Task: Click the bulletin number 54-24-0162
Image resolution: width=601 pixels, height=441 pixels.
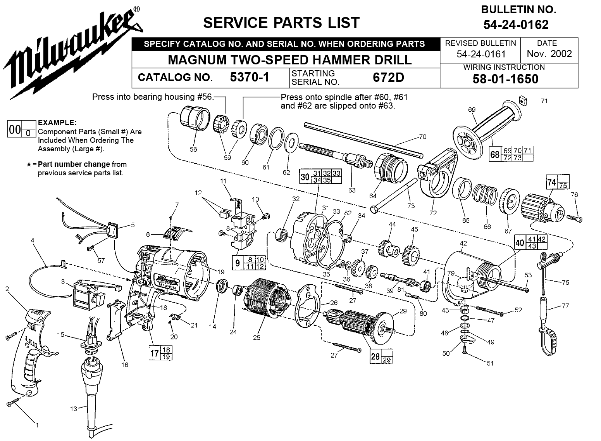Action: [516, 25]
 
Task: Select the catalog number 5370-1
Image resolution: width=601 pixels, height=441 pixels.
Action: [250, 77]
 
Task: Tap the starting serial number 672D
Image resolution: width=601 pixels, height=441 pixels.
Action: [388, 77]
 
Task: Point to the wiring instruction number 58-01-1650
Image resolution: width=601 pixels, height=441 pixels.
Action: [505, 79]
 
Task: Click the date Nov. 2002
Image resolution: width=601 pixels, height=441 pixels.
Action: [549, 54]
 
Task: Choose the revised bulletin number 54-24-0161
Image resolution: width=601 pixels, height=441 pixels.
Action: [481, 54]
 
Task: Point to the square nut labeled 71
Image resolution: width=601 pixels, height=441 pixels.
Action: [522, 101]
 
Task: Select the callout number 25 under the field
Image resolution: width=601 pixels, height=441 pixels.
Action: [257, 337]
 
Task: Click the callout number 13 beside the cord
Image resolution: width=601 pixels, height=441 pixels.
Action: [74, 409]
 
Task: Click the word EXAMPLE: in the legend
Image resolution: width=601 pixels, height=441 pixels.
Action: [57, 123]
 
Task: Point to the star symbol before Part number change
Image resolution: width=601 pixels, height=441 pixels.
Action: [29, 164]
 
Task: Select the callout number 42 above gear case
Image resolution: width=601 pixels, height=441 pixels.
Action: [463, 243]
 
